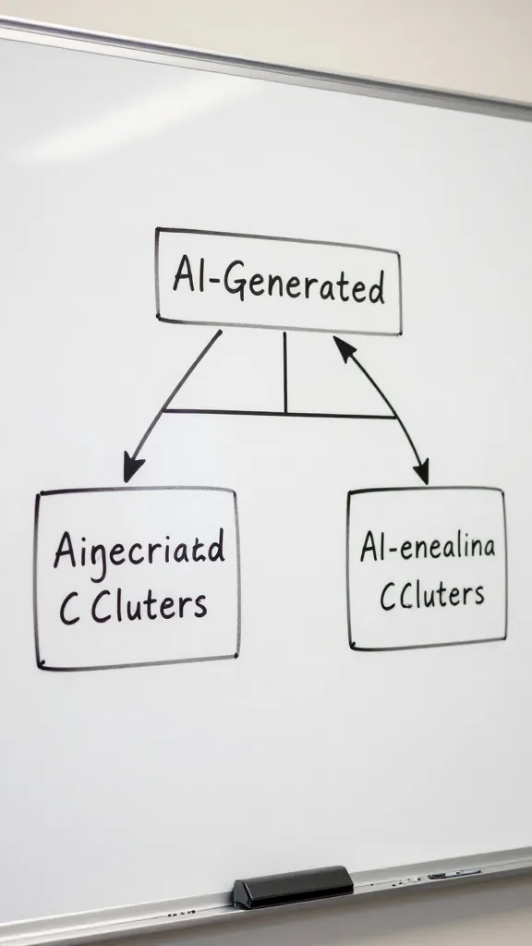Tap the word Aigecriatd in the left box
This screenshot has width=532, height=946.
click(x=139, y=552)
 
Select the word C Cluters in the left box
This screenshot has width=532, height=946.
click(x=133, y=606)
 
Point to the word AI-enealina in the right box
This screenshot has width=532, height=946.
click(x=427, y=547)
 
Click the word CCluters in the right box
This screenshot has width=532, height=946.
click(x=431, y=594)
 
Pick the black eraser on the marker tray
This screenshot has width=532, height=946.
click(x=292, y=887)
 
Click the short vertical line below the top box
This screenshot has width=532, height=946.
click(x=285, y=372)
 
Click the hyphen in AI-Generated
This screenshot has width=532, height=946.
click(x=214, y=283)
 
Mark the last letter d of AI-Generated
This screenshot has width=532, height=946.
click(x=376, y=289)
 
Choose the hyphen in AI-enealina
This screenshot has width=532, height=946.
click(x=393, y=549)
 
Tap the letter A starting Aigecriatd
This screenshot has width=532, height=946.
click(x=64, y=551)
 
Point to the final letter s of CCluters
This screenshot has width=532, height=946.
click(x=477, y=595)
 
